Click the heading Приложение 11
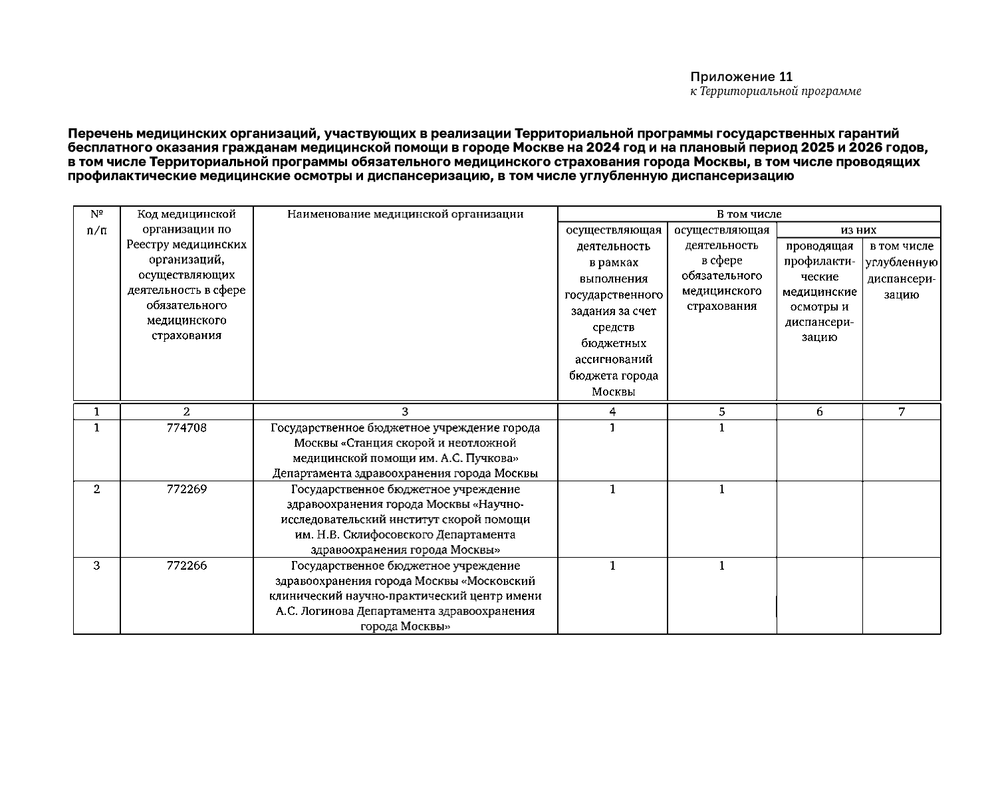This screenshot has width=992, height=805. [x=741, y=76]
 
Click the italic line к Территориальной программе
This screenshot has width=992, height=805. [x=775, y=91]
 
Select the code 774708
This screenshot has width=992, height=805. [x=187, y=428]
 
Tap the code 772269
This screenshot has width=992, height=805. [x=187, y=489]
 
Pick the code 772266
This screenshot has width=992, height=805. [x=187, y=566]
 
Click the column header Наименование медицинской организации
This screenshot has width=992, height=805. [x=405, y=214]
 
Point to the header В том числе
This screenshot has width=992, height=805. [x=749, y=214]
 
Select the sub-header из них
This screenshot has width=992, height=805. [x=858, y=230]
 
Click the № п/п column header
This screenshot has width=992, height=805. [x=96, y=222]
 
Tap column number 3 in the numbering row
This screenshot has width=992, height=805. [x=405, y=411]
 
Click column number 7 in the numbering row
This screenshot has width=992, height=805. [x=902, y=411]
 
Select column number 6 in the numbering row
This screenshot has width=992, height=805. [x=819, y=411]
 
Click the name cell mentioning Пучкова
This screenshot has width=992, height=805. [x=405, y=450]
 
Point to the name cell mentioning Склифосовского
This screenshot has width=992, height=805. [x=405, y=519]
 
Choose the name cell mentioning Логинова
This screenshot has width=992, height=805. [x=405, y=596]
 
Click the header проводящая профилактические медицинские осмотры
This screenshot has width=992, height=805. [x=819, y=292]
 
